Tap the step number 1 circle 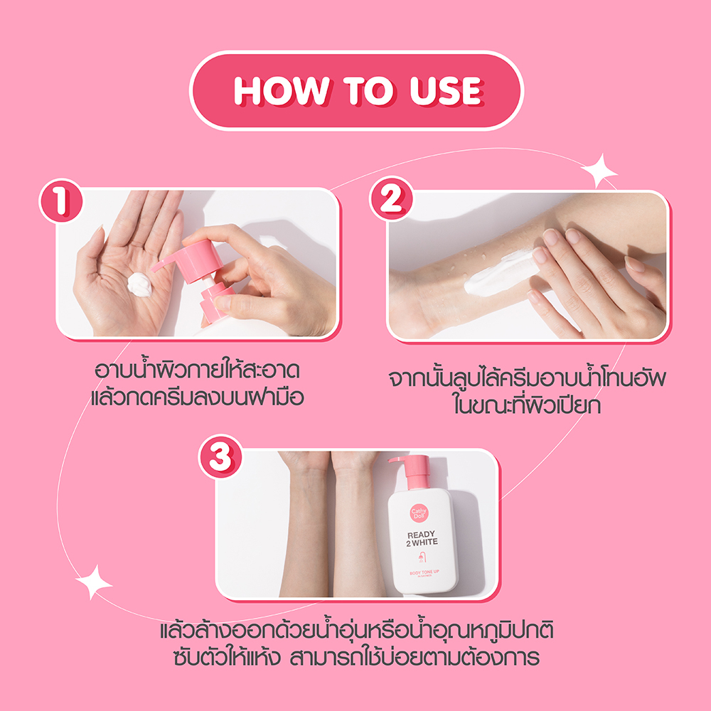point(61,201)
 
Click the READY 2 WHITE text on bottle point(422,537)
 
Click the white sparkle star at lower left point(94,582)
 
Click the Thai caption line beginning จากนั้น point(526,378)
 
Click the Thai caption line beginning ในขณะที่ point(526,405)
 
